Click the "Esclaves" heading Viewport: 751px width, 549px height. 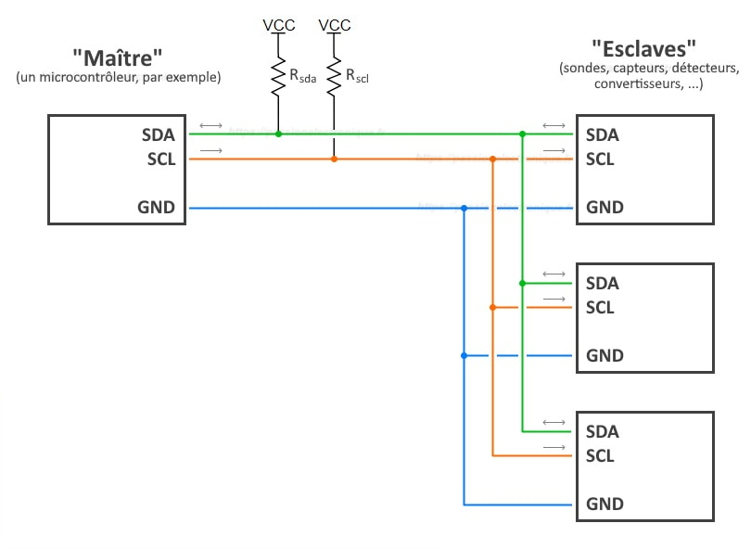(643, 47)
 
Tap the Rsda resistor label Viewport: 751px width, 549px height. (303, 78)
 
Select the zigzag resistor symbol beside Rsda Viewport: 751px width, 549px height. (277, 77)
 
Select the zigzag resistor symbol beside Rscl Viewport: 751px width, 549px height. (334, 77)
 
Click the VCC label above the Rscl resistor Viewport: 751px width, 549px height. (334, 25)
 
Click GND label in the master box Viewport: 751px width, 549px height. (157, 207)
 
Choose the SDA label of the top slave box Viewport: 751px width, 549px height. (603, 134)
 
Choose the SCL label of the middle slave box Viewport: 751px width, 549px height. (600, 307)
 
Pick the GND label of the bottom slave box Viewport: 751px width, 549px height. (605, 504)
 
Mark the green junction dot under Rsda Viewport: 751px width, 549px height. (278, 134)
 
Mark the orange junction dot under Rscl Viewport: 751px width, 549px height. (334, 160)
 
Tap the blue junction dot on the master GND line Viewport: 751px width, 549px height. (464, 208)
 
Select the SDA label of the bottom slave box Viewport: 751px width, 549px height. (603, 431)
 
